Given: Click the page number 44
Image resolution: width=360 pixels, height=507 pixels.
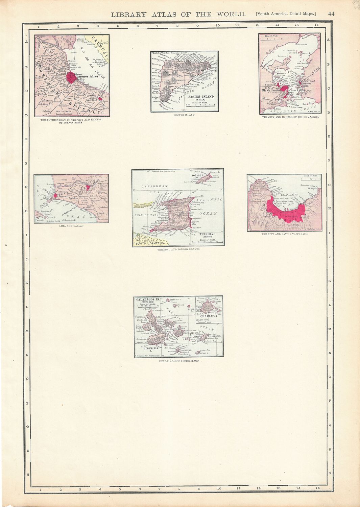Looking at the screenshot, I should [331, 14].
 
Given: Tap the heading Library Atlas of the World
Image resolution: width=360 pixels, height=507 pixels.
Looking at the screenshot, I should [178, 14].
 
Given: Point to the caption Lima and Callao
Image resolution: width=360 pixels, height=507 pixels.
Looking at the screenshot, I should [71, 226].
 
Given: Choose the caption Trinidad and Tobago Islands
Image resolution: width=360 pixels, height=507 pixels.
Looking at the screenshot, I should [178, 249].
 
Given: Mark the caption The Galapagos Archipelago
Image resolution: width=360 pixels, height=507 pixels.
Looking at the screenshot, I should [178, 361].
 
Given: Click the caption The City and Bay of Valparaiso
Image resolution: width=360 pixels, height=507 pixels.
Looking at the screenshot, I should [285, 234].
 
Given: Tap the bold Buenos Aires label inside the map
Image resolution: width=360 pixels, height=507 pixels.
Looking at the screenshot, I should [88, 76].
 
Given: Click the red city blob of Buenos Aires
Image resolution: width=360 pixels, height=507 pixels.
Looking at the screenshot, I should [71, 77].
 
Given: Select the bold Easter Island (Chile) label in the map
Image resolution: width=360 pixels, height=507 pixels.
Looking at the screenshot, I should [203, 98].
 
